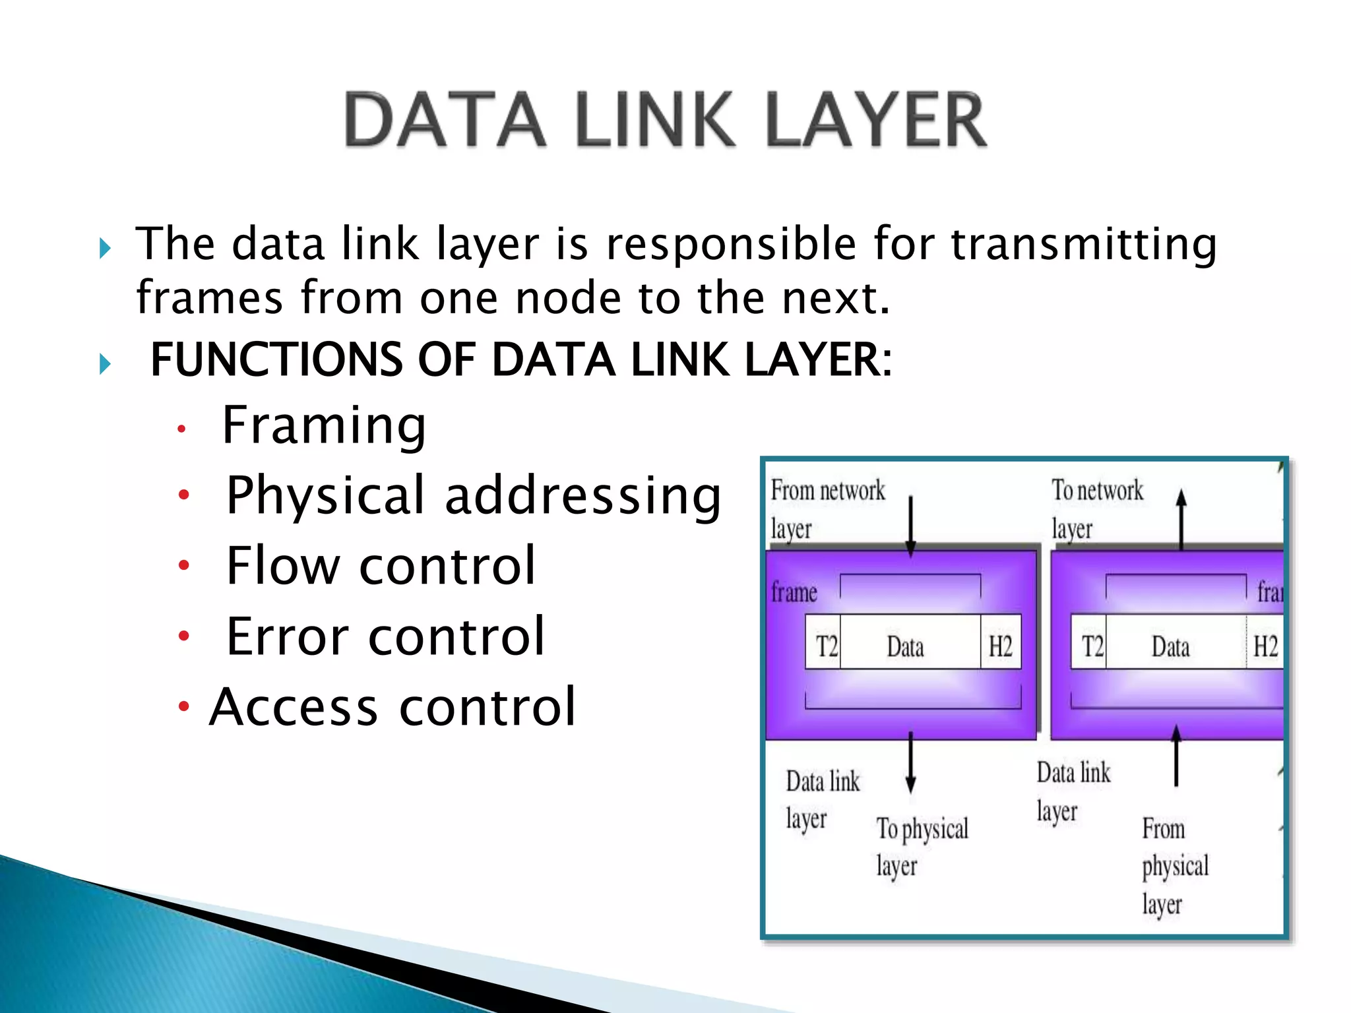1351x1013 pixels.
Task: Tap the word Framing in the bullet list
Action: [324, 425]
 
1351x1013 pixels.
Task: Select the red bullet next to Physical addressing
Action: [184, 495]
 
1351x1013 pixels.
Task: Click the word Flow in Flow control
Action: [282, 566]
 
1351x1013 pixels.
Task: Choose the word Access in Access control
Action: [294, 707]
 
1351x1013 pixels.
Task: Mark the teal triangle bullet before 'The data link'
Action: [105, 249]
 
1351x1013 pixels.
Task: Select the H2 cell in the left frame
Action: [1000, 646]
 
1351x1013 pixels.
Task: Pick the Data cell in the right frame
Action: [1170, 646]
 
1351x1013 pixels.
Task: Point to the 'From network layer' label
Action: [827, 508]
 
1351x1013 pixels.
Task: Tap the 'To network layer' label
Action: [1097, 508]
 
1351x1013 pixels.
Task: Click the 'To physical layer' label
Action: [922, 847]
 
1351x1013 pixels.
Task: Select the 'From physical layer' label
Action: [1175, 865]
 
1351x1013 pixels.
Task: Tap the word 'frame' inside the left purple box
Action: [794, 592]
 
